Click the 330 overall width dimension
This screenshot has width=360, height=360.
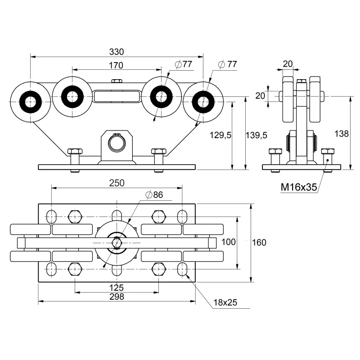116,52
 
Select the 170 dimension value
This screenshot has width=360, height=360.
116,65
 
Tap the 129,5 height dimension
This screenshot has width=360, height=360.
220,135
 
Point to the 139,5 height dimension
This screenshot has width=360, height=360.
256,135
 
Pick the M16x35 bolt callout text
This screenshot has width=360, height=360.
298,187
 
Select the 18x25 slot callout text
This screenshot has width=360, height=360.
225,302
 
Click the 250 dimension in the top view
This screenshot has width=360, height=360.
117,183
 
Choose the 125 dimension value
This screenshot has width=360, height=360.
117,288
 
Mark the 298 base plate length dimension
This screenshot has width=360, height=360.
117,296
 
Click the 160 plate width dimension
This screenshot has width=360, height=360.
259,243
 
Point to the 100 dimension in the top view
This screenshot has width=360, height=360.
229,242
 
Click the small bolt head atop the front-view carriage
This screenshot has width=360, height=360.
116,81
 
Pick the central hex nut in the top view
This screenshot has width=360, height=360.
117,242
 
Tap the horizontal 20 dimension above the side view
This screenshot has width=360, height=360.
288,64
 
